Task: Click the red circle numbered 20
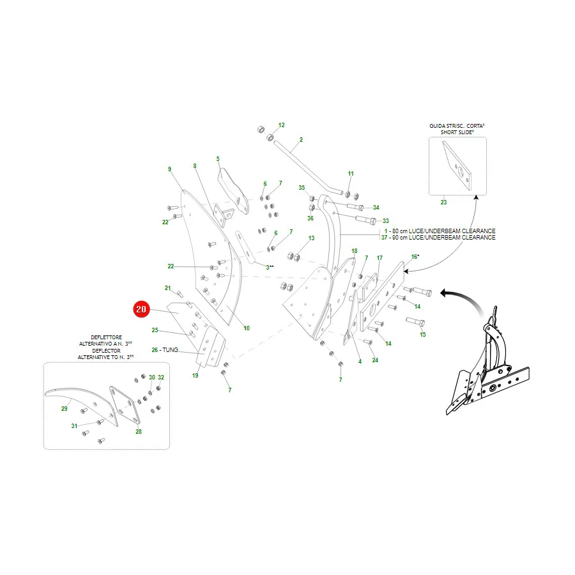click(141, 309)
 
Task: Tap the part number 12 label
click(281, 125)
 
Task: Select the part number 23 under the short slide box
click(443, 202)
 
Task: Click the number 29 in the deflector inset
click(64, 408)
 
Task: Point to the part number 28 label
click(138, 432)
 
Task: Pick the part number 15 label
click(422, 334)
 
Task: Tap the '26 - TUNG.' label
click(165, 350)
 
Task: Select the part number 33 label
click(385, 221)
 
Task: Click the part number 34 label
click(376, 208)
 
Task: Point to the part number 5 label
click(218, 159)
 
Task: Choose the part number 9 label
click(169, 169)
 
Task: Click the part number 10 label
click(247, 328)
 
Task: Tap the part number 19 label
click(195, 375)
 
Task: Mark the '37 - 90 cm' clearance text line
click(438, 237)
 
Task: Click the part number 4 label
click(360, 362)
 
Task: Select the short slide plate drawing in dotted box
click(457, 165)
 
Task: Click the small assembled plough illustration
click(487, 361)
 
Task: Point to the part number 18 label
click(354, 251)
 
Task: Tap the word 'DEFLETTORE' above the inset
click(106, 337)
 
